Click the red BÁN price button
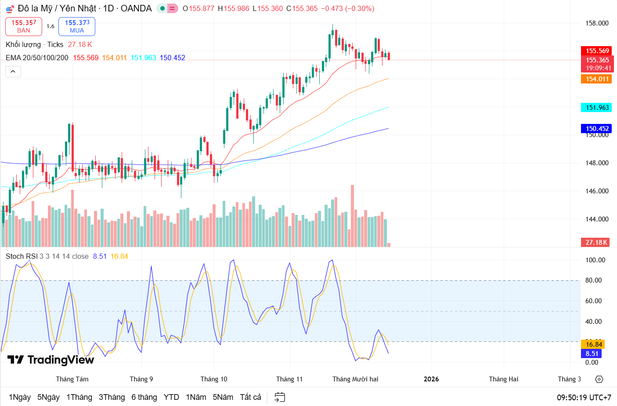pyautogui.click(x=24, y=26)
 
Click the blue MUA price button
pyautogui.click(x=77, y=26)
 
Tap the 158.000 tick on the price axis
pyautogui.click(x=597, y=23)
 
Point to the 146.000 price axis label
pyautogui.click(x=597, y=191)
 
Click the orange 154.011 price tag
pyautogui.click(x=596, y=79)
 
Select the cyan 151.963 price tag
pyautogui.click(x=596, y=108)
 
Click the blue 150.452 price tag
pyautogui.click(x=596, y=129)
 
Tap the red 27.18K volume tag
pyautogui.click(x=596, y=243)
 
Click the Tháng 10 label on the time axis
pyautogui.click(x=214, y=379)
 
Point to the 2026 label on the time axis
pyautogui.click(x=431, y=379)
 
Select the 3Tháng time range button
pyautogui.click(x=112, y=397)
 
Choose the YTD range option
pyautogui.click(x=171, y=397)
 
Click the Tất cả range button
pyautogui.click(x=250, y=397)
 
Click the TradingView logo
pyautogui.click(x=51, y=360)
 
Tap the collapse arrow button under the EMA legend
pyautogui.click(x=13, y=71)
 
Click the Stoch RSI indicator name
pyautogui.click(x=21, y=257)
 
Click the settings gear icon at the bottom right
pyautogui.click(x=599, y=379)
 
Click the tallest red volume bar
pyautogui.click(x=352, y=215)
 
